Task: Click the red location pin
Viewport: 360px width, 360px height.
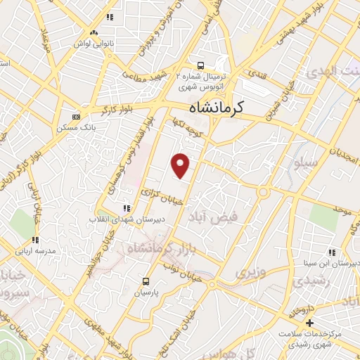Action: (x=181, y=165)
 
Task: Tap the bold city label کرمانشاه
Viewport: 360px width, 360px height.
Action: (x=226, y=108)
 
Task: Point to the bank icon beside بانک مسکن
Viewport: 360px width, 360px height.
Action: (x=76, y=117)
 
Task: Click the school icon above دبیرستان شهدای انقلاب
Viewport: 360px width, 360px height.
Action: (x=127, y=208)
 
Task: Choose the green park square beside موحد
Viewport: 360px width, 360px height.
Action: (x=323, y=217)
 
